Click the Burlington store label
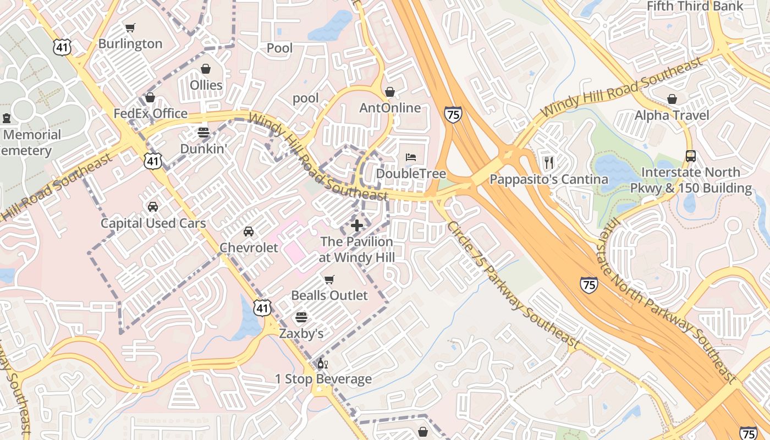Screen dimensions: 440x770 [130, 43]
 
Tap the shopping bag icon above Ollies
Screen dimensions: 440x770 [206, 69]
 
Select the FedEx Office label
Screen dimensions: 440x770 [150, 114]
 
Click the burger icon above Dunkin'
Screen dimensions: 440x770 [204, 133]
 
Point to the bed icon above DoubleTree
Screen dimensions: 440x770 [411, 157]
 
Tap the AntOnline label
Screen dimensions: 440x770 [390, 108]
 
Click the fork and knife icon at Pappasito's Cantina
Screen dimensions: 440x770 [548, 162]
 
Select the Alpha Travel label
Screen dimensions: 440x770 [672, 116]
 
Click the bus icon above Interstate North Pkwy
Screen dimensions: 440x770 [691, 156]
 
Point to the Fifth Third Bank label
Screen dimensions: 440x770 [695, 7]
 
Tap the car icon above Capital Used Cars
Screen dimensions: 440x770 [153, 207]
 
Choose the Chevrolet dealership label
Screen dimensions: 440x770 [249, 248]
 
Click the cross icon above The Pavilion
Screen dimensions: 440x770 [357, 225]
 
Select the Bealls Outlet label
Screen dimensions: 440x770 [329, 295]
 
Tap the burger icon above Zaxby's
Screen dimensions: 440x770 [301, 317]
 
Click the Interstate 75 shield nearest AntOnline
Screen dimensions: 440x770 [453, 114]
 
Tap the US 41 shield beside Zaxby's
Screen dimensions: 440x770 [262, 308]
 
